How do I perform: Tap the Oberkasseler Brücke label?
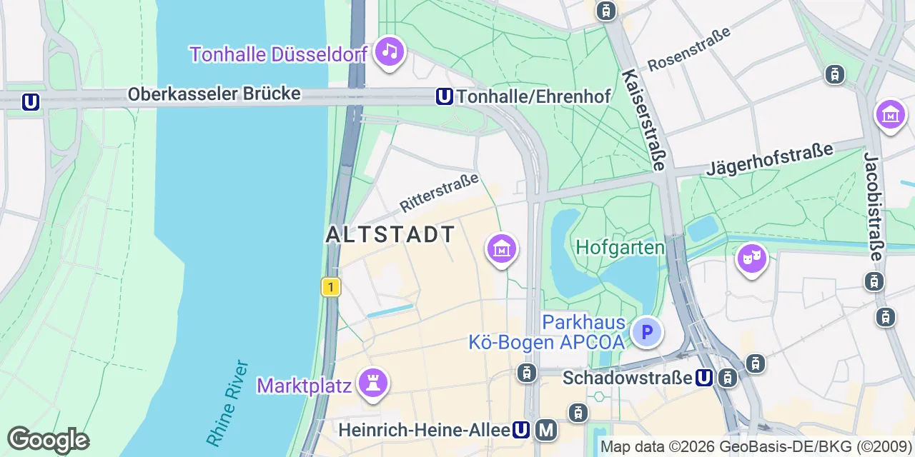[214, 94]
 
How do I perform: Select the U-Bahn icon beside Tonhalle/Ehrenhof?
[445, 96]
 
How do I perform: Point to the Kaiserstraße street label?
[643, 120]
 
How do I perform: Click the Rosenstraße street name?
[689, 49]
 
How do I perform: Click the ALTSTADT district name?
[390, 234]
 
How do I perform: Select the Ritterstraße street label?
[439, 191]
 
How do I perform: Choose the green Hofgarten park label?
[620, 247]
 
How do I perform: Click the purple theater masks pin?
[751, 259]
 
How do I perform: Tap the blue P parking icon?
[647, 332]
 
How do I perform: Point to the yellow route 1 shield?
[330, 287]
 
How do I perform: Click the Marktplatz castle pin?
[372, 381]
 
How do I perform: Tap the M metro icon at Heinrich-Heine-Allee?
[547, 430]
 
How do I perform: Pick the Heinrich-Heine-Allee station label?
[423, 430]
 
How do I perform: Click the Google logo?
[49, 440]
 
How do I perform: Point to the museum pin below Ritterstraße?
[502, 249]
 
